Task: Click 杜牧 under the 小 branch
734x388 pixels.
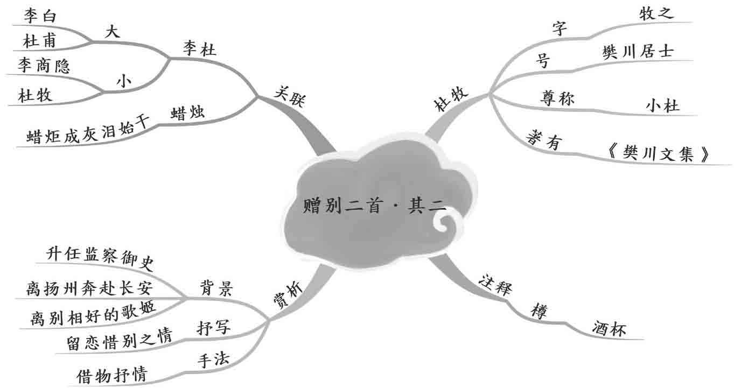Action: pos(35,96)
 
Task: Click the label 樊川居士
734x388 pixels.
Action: pos(638,52)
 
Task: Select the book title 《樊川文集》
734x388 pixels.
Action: pos(656,154)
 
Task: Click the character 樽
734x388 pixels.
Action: pos(539,311)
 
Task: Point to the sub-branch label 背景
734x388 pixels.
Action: pos(215,290)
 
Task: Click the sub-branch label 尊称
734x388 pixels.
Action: pos(557,98)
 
